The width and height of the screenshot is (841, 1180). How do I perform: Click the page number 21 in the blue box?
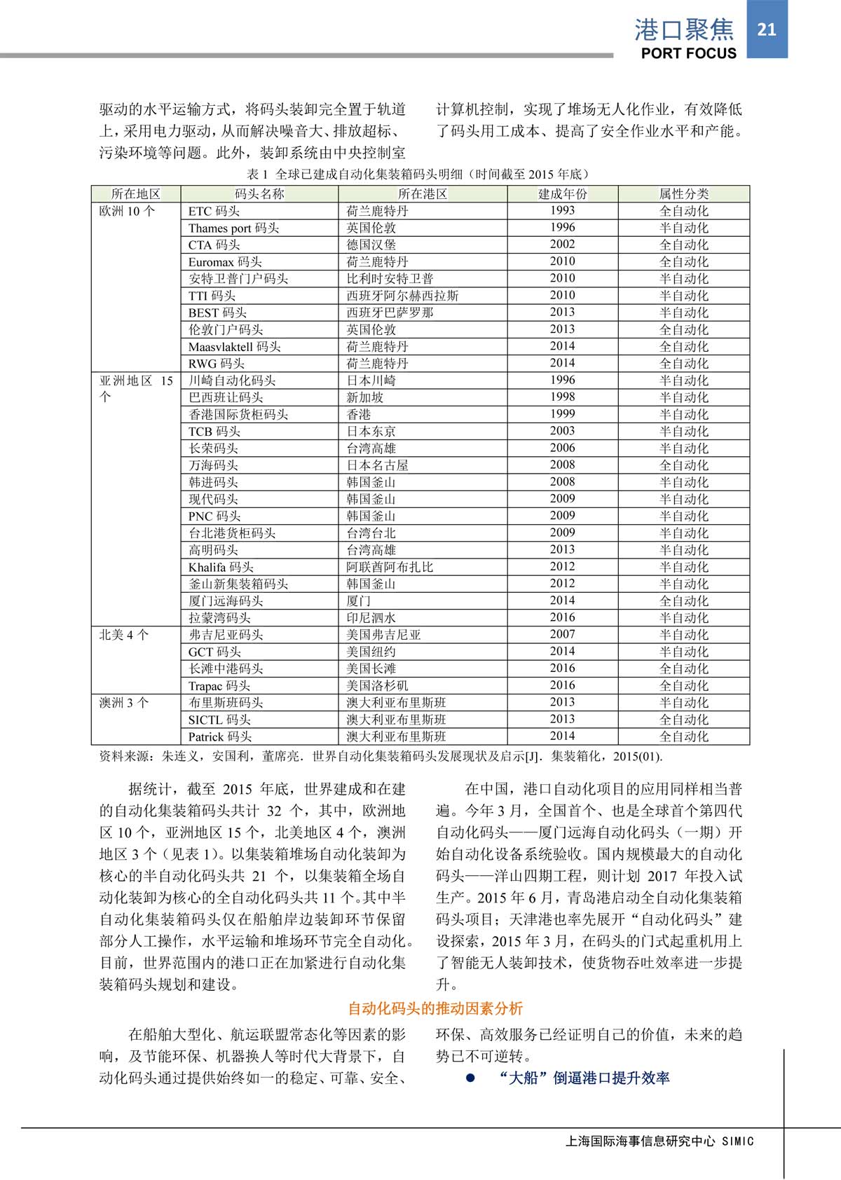click(x=767, y=29)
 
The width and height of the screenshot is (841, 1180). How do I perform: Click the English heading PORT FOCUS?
click(x=688, y=53)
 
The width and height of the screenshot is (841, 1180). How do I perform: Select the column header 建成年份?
click(x=562, y=194)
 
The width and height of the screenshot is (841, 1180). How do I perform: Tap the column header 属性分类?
click(x=683, y=194)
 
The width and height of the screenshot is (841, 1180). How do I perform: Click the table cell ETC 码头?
click(x=214, y=211)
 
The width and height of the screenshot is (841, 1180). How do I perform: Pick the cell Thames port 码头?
click(x=233, y=228)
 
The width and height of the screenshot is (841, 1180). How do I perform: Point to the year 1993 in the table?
click(x=562, y=210)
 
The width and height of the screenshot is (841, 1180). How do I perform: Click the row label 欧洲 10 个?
click(x=127, y=211)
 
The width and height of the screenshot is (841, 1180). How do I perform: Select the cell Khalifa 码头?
click(x=221, y=567)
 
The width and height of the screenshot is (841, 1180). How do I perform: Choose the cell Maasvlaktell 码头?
click(x=234, y=346)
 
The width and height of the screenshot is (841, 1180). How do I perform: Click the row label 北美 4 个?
click(x=124, y=635)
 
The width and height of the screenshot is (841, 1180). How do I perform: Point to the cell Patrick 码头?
click(x=219, y=736)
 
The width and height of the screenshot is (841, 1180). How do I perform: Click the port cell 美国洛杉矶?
click(x=377, y=685)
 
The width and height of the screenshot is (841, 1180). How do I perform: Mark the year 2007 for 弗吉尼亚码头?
click(x=562, y=634)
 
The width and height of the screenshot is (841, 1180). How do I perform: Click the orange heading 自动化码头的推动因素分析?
click(x=435, y=1008)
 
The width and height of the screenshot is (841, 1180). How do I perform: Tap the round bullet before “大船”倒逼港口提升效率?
click(x=471, y=1078)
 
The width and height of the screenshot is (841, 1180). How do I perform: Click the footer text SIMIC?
click(x=737, y=1141)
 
